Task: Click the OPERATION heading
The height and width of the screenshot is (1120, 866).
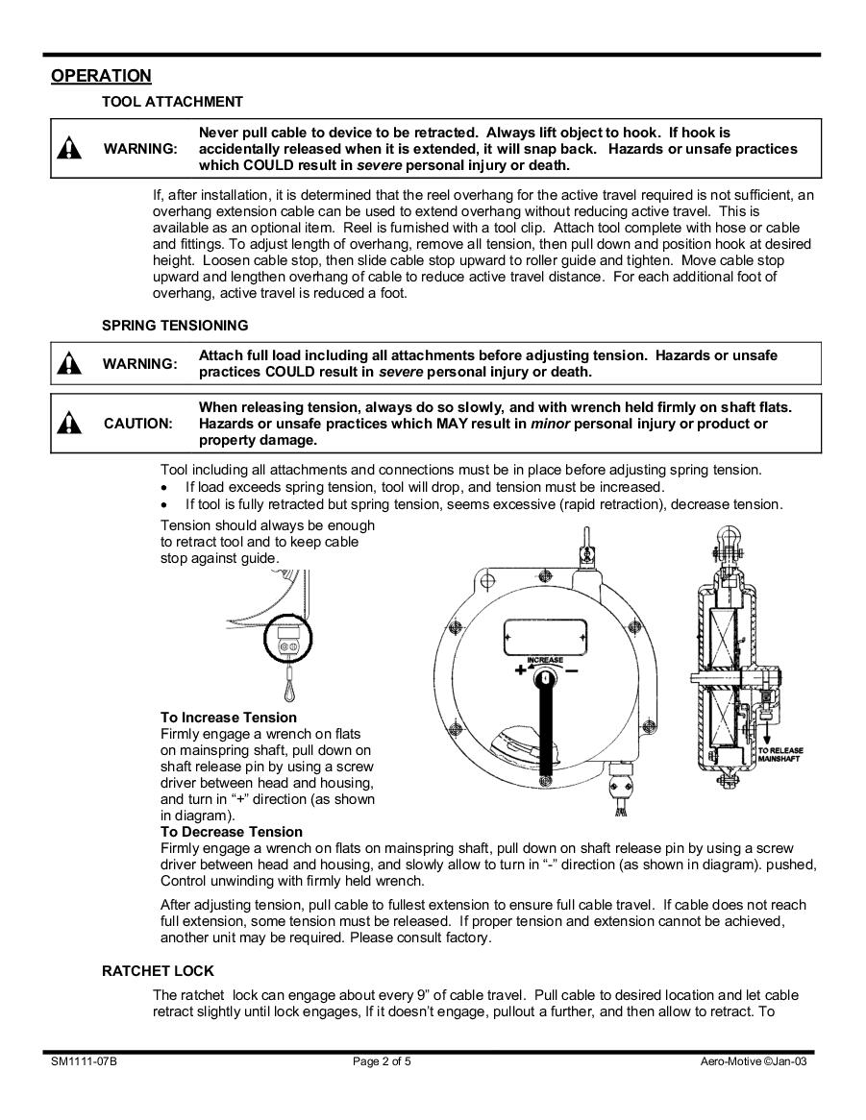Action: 101,77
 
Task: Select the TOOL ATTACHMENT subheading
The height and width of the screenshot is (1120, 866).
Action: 172,102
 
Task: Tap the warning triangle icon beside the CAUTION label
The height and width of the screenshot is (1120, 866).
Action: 69,423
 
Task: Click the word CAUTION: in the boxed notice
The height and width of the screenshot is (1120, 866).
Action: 138,424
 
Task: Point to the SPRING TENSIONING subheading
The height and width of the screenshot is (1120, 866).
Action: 175,326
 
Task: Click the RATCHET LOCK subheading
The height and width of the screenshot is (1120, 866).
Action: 158,971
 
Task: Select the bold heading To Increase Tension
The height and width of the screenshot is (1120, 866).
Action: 229,718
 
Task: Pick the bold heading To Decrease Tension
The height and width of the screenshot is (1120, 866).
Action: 231,832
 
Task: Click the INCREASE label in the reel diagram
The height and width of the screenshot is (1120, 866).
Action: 544,659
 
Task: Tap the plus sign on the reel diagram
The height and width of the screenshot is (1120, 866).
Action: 520,670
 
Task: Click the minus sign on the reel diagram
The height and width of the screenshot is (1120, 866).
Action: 572,670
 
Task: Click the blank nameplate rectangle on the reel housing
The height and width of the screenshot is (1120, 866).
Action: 544,635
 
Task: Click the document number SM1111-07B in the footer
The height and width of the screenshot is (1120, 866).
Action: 85,1062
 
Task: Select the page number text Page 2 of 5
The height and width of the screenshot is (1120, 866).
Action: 383,1062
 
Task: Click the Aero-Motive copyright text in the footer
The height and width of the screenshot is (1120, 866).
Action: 752,1062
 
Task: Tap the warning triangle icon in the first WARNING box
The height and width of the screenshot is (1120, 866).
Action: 69,148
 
